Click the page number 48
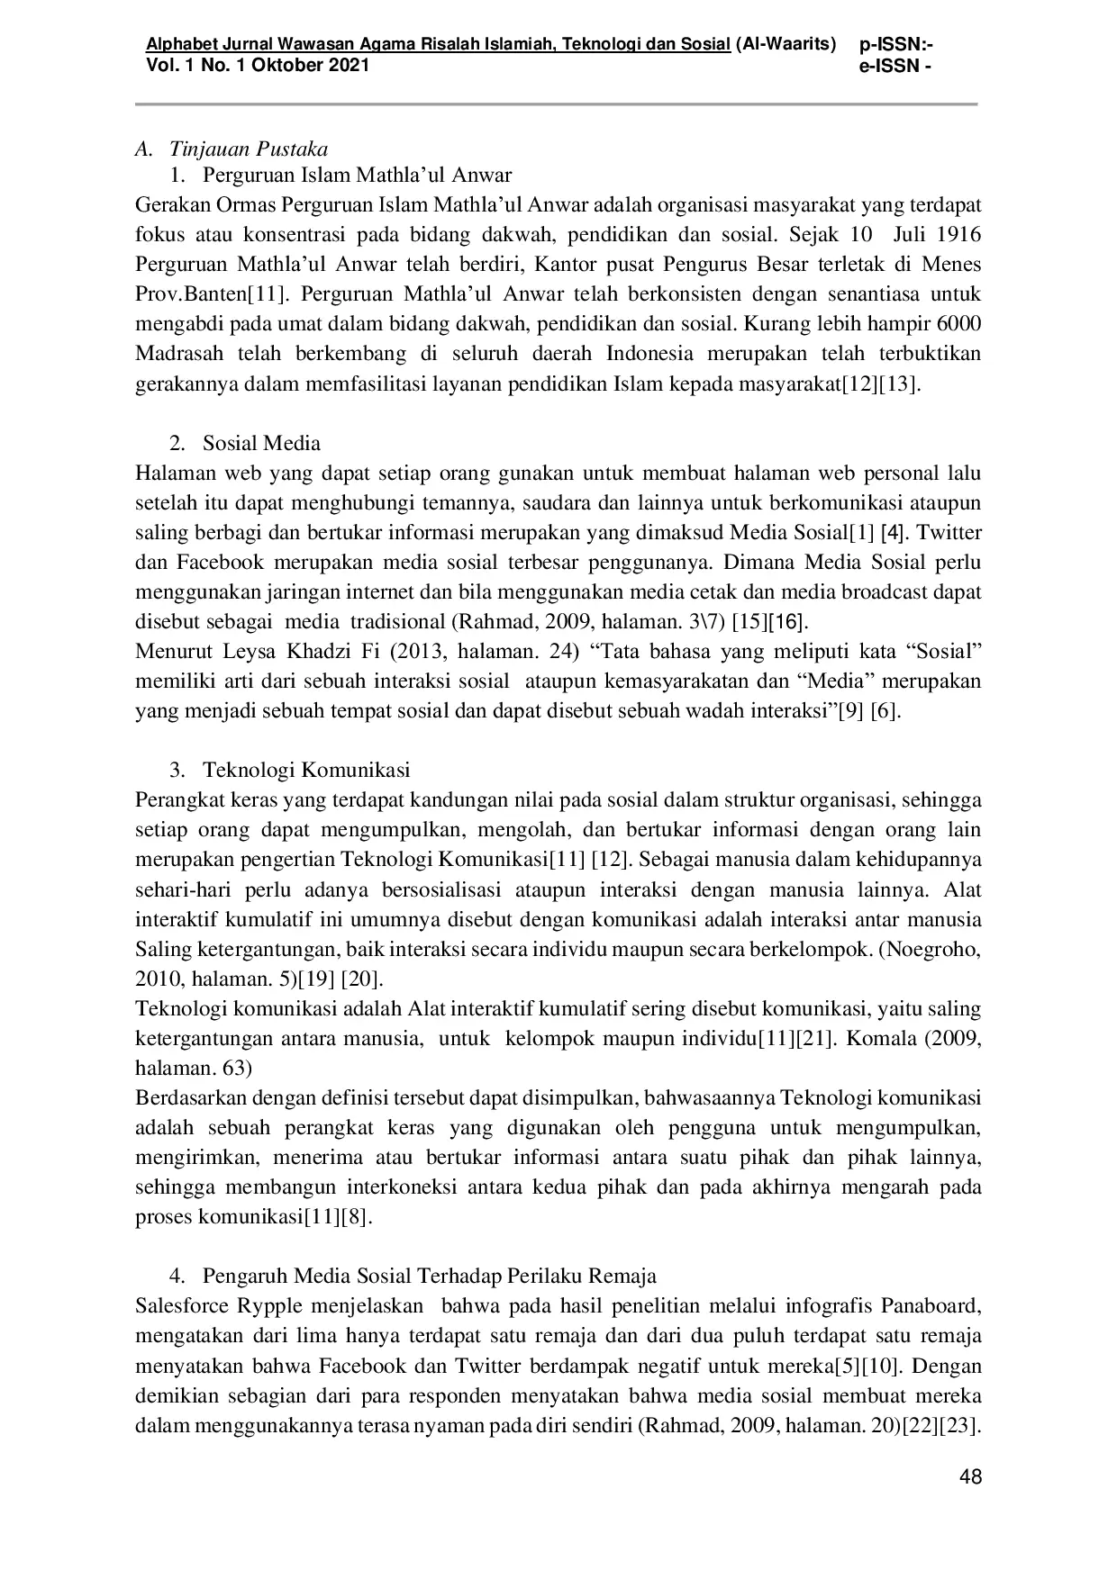(x=970, y=1476)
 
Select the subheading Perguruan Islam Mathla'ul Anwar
(x=357, y=175)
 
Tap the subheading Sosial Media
(x=261, y=443)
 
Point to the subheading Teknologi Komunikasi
(x=306, y=770)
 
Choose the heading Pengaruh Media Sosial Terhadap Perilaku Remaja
(x=429, y=1276)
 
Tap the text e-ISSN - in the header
(x=896, y=65)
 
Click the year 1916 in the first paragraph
(x=958, y=234)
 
